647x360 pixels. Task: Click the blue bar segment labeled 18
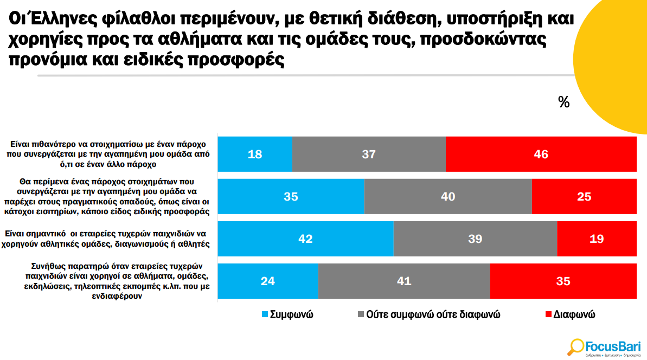click(255, 154)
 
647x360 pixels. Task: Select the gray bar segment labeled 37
click(369, 154)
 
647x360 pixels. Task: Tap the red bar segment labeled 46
click(541, 154)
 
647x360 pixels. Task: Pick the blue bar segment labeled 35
click(291, 196)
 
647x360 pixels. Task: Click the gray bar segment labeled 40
click(448, 196)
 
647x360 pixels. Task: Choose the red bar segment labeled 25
click(584, 196)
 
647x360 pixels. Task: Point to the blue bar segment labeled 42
click(306, 239)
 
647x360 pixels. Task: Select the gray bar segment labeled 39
click(475, 239)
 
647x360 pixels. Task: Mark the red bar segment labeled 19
click(597, 239)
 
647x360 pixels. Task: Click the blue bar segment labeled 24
click(268, 281)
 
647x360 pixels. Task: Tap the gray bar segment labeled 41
click(404, 281)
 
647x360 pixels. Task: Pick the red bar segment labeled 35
click(563, 281)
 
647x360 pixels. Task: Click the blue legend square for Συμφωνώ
click(265, 314)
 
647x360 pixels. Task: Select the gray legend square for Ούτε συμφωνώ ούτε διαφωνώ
click(361, 314)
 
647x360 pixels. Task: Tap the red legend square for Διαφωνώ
click(548, 314)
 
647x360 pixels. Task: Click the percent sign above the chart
click(563, 102)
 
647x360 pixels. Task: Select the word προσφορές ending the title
click(235, 60)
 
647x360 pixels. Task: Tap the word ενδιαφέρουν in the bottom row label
click(117, 296)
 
